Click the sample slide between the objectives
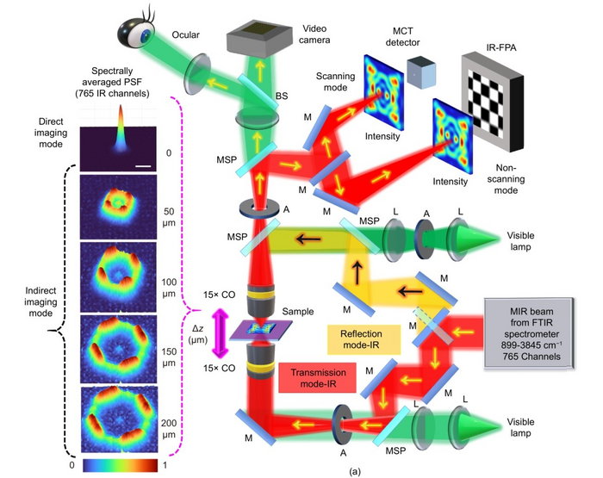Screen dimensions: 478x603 point(264,328)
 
